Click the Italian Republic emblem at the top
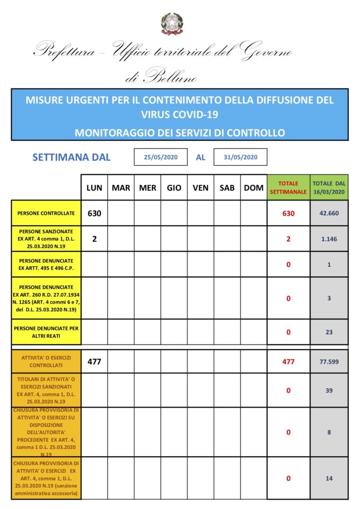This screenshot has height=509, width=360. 172,23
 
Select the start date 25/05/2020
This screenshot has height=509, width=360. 161,157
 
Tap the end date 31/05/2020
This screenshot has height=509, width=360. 240,157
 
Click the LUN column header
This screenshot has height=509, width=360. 94,188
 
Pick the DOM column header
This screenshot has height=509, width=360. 254,188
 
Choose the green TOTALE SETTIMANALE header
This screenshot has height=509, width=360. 288,187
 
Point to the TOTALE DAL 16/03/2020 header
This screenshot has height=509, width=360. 329,187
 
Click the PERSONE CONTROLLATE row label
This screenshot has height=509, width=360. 46,213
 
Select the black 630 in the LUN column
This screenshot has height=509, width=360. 94,213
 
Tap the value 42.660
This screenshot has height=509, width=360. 329,213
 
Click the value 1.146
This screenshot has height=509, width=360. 329,239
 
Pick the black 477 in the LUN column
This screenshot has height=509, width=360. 94,362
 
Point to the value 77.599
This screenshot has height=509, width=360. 329,362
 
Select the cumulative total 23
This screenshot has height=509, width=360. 329,332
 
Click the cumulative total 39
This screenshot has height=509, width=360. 329,391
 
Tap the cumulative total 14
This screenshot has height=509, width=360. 329,478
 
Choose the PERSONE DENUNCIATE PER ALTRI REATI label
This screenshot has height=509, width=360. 46,332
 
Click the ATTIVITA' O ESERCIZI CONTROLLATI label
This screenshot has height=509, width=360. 46,362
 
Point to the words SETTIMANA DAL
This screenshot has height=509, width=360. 72,158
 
